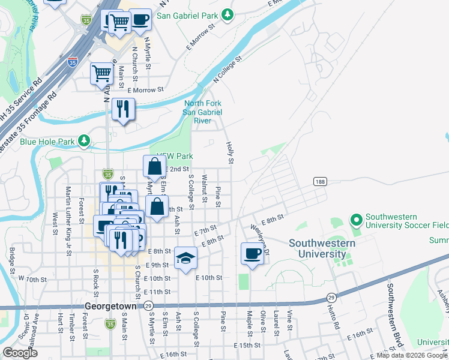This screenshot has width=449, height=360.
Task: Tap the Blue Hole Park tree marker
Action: click(85, 142)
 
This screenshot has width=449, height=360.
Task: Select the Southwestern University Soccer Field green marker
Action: click(356, 221)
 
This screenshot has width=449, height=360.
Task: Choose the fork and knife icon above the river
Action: click(123, 109)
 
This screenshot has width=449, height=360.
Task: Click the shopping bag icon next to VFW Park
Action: click(154, 167)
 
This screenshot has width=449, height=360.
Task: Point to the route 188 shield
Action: click(319, 181)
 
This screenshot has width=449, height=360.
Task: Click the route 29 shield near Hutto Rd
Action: click(331, 298)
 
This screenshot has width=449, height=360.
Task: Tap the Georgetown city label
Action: click(110, 305)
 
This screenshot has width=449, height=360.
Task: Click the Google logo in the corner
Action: click(20, 353)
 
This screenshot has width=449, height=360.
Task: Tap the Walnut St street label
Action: click(205, 188)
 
